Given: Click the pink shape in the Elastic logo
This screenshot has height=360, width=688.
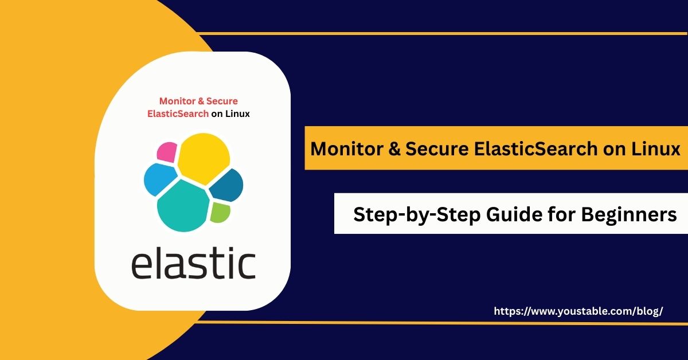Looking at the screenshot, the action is point(167,152).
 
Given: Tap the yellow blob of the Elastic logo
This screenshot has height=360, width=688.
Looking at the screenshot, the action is point(204,158).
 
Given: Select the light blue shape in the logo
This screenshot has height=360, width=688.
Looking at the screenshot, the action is point(160,179).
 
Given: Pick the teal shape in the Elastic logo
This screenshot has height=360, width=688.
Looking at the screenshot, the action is point(183,206).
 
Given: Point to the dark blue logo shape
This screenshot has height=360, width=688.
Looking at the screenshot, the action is point(227,185).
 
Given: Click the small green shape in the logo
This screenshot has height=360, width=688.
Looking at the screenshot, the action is point(220,213).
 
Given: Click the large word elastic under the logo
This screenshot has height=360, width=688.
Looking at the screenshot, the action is point(194,263).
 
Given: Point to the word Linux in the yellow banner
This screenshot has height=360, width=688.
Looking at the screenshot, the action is point(656,148).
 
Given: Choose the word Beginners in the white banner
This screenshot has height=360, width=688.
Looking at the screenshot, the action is point(629,214).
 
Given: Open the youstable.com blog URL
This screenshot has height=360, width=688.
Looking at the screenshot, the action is point(578,311).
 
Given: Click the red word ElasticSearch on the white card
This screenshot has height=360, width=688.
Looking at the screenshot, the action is point(178,114).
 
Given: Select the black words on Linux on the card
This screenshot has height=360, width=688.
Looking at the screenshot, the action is point(230,114).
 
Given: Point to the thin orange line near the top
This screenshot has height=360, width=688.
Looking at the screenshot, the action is point(442,33).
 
